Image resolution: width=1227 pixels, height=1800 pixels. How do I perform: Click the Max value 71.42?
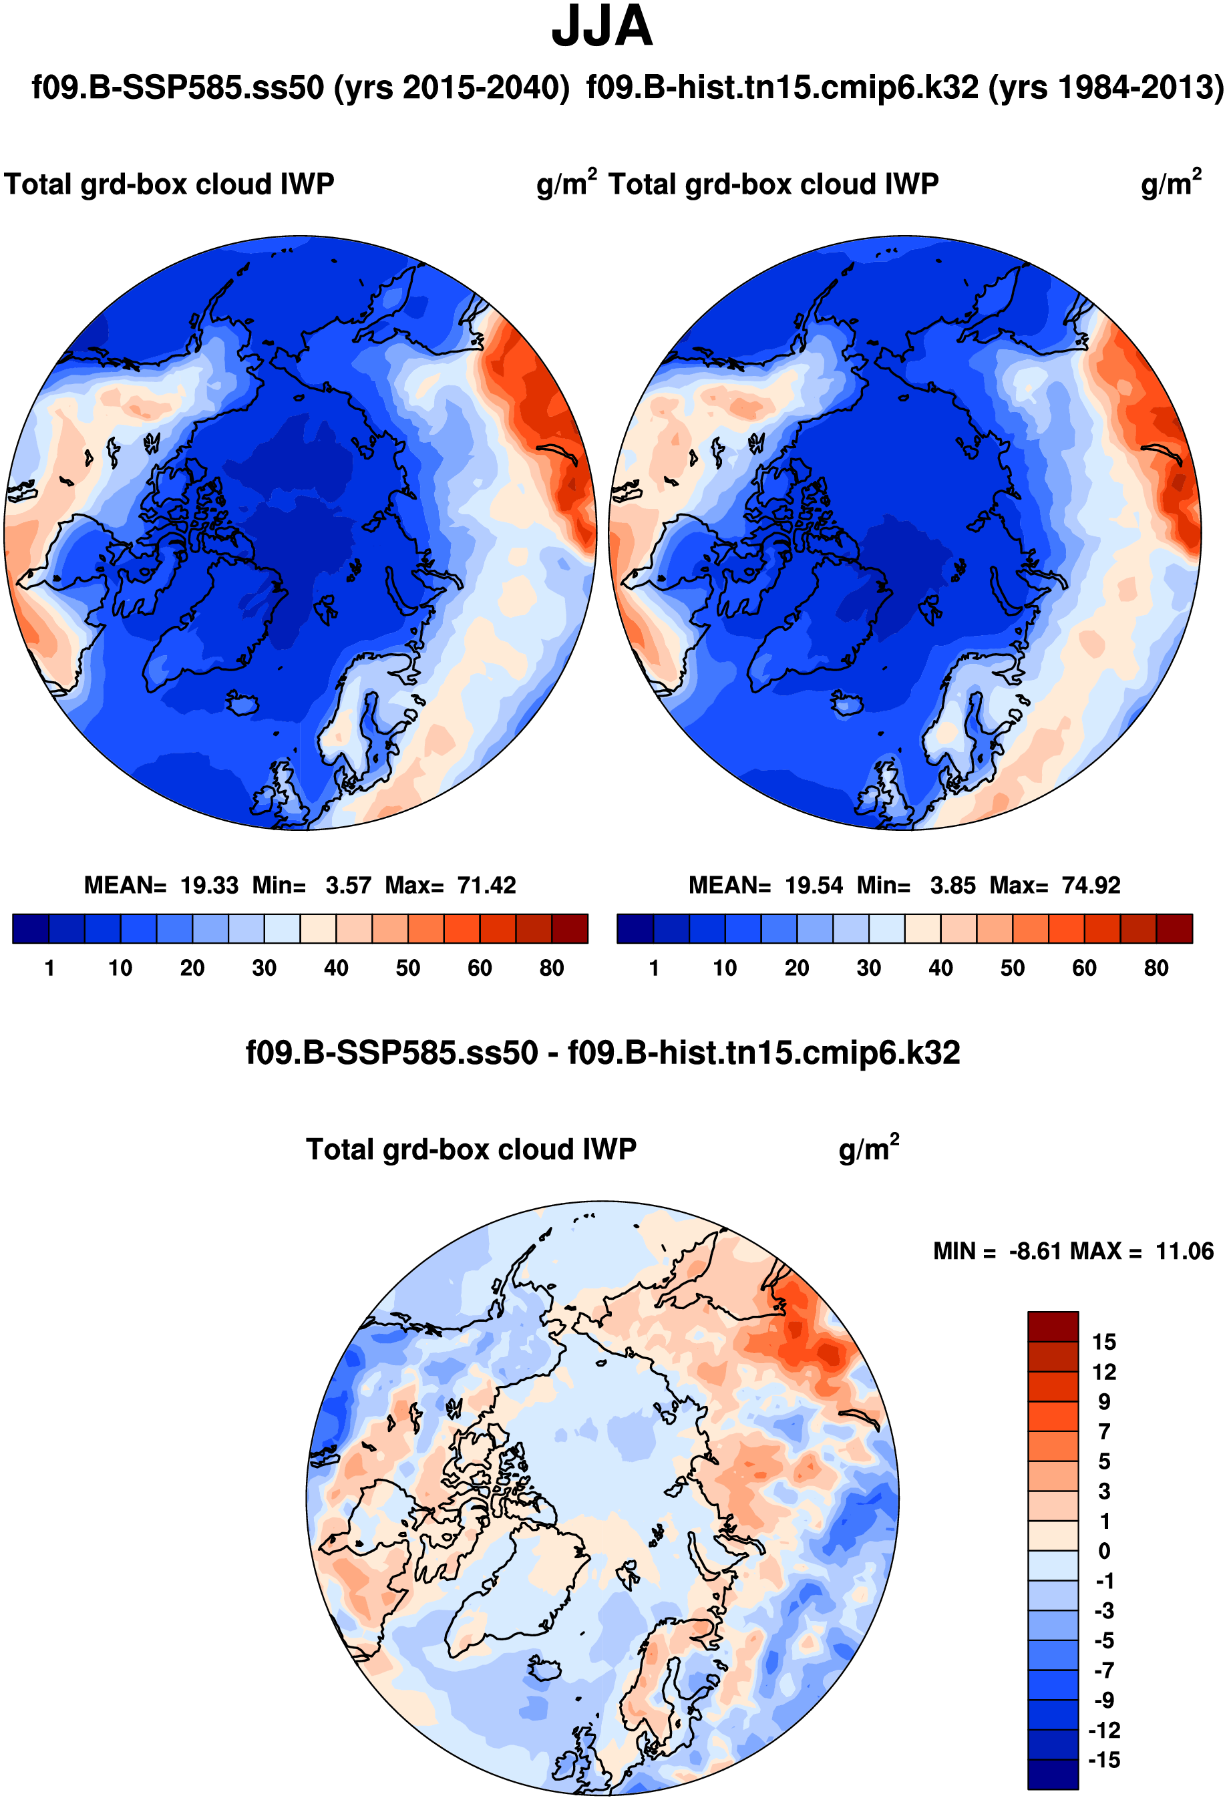click(x=486, y=885)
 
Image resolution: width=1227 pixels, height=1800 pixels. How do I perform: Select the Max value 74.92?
click(x=1091, y=885)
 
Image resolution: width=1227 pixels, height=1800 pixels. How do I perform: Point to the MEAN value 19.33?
click(x=209, y=885)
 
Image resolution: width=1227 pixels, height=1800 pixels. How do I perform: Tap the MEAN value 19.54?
click(x=814, y=885)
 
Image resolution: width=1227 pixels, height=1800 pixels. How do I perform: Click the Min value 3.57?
click(x=348, y=885)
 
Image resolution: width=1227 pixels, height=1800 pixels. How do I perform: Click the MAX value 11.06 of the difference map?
click(x=1184, y=1251)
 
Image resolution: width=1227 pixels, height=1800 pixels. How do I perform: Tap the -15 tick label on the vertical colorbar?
click(x=1104, y=1761)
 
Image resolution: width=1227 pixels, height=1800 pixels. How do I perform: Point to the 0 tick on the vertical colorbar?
click(x=1104, y=1552)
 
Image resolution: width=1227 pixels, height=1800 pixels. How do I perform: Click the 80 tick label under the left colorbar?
click(x=552, y=968)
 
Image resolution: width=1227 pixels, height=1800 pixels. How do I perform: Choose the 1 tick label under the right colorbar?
click(x=654, y=968)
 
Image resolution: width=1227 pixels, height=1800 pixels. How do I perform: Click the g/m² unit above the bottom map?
click(x=868, y=1149)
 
